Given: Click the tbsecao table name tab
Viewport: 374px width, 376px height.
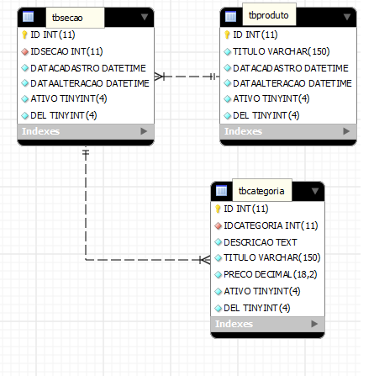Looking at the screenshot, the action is (75, 18).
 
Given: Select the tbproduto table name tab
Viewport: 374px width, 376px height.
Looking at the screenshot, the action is (269, 14).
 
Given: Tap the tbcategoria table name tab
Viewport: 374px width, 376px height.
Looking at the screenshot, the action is (262, 191).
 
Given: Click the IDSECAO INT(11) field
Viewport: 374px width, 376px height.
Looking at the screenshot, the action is (66, 51).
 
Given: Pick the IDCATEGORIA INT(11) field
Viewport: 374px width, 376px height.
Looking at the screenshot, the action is (271, 225).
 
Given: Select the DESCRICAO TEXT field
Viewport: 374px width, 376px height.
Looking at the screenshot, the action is (261, 242).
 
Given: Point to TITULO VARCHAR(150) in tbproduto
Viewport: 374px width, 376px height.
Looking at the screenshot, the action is (282, 51).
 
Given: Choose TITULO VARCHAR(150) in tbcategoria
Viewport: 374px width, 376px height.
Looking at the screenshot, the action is (272, 257).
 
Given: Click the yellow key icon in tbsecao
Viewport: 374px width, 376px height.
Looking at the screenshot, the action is (24, 34).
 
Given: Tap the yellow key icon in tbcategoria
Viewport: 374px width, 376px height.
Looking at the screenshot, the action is (218, 209).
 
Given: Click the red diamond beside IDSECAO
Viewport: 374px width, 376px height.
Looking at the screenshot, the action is (25, 51).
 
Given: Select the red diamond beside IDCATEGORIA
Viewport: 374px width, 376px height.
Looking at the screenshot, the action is (218, 225).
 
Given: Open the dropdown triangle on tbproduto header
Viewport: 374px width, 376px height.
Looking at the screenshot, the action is (347, 17).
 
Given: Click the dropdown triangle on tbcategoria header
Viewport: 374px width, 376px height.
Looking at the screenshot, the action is (315, 191).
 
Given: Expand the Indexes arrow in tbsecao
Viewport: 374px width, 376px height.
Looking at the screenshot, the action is (144, 131).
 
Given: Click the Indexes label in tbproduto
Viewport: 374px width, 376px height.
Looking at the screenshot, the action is (243, 131).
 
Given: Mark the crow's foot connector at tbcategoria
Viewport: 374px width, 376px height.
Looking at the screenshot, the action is (205, 260).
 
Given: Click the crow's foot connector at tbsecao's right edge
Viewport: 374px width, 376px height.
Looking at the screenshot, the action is (159, 77).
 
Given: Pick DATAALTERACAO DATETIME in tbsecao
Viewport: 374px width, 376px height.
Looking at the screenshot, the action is (90, 83).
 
